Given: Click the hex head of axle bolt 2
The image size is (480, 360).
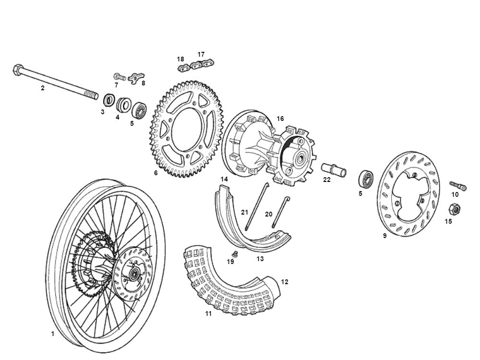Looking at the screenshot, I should click(x=17, y=70).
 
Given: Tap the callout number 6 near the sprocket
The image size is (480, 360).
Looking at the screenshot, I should click(x=156, y=173).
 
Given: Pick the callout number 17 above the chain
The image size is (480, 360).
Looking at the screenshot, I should click(x=201, y=54).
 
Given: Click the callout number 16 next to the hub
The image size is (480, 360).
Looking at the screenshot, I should click(x=280, y=119).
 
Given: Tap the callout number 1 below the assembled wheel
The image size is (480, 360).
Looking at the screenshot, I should click(x=53, y=333).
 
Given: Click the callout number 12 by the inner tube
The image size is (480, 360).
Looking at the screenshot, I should click(x=285, y=282).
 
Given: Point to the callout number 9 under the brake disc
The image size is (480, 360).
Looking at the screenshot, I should click(x=384, y=236).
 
